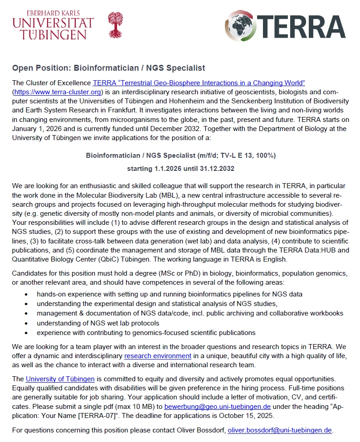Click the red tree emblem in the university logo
coord(115,25)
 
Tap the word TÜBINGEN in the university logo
coord(50,35)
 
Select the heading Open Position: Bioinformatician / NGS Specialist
coord(109,68)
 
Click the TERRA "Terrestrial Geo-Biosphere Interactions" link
coord(199,83)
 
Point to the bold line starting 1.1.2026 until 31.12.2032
coord(180,169)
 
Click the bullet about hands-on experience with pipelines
coord(170,294)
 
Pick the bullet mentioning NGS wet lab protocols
coord(98,323)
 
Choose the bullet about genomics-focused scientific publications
coord(146,332)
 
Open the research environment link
coord(158,356)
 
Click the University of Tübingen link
coord(60,379)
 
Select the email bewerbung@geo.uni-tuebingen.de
coord(218,407)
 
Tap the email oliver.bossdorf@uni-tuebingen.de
coord(280,430)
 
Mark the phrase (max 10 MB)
coord(136,407)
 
